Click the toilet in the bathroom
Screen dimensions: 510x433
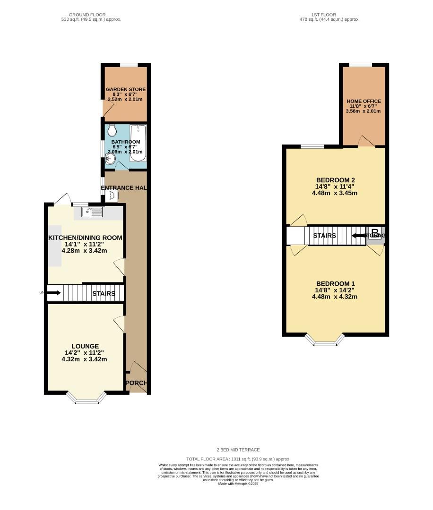[112, 130]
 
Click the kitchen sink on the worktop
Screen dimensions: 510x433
[92, 212]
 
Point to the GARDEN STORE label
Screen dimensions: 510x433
[126, 89]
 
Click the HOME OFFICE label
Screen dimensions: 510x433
[364, 101]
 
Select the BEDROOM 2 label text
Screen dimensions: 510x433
[335, 180]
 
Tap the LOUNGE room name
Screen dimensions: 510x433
[86, 346]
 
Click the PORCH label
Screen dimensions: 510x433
[136, 383]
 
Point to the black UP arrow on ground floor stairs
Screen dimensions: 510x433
[53, 293]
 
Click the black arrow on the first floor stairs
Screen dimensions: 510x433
[359, 235]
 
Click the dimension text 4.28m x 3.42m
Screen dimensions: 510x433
[85, 251]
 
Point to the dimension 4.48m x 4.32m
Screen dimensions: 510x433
[335, 297]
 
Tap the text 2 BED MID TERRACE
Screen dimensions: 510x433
[238, 450]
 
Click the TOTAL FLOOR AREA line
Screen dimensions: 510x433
[238, 459]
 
